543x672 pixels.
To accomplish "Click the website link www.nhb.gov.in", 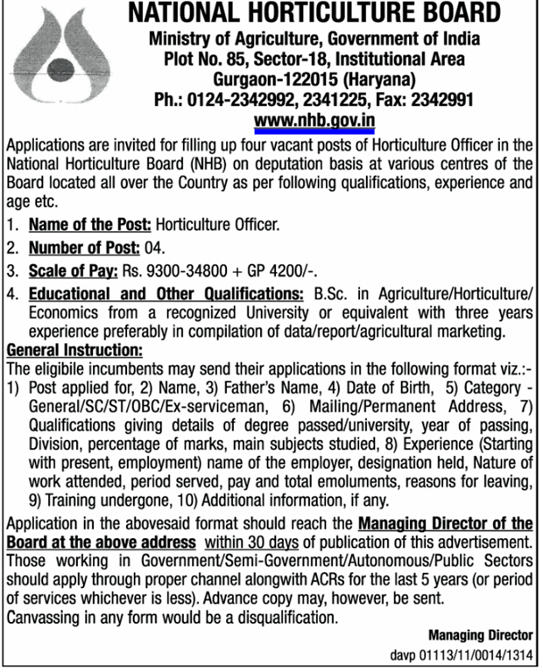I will point(314,121).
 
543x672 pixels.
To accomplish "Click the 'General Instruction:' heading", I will point(74,349).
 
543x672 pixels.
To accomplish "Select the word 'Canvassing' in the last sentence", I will point(42,618).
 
